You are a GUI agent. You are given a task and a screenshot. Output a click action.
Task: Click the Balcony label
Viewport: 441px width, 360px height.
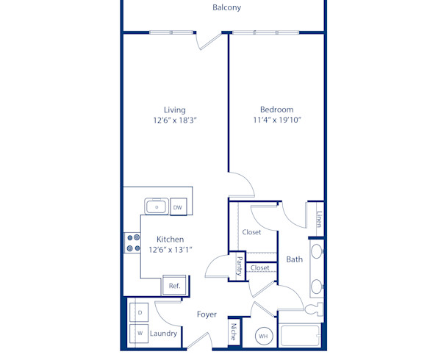[x=226, y=8]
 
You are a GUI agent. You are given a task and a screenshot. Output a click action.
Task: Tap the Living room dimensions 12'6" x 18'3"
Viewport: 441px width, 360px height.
[x=175, y=120]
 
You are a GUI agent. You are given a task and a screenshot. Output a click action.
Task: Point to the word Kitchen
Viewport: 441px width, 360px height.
[x=170, y=240]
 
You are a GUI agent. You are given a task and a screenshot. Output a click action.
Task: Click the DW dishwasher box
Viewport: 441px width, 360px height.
[x=177, y=208]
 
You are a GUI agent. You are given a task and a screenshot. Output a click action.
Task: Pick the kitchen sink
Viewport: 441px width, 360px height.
[x=155, y=206]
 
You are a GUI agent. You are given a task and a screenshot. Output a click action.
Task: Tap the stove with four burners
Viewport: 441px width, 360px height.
[x=132, y=243]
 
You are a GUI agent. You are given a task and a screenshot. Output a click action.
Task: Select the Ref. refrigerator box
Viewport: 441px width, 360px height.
[x=175, y=286]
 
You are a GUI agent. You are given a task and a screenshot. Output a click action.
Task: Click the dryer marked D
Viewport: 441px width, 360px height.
[x=140, y=313]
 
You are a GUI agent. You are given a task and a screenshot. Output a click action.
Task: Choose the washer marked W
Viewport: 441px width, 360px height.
[x=140, y=334]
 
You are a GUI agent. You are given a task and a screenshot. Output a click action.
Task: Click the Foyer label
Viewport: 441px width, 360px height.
[x=207, y=314]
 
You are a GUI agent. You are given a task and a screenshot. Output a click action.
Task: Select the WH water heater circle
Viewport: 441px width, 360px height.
[x=264, y=337]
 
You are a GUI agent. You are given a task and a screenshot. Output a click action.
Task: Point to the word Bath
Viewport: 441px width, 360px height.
[x=294, y=259]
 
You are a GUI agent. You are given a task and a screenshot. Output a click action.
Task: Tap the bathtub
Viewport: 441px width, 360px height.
[x=300, y=337]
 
